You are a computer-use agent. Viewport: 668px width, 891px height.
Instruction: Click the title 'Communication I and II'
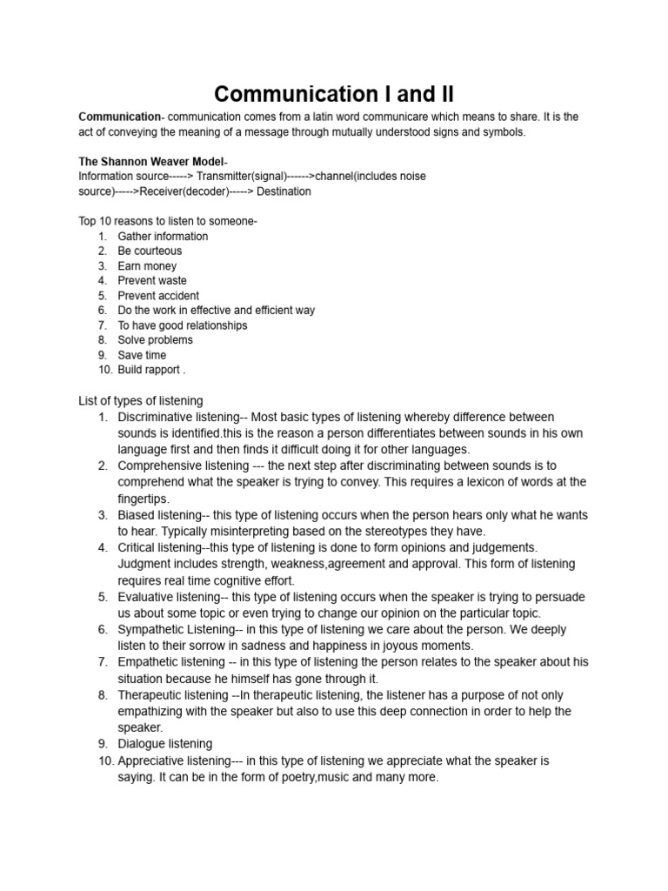[334, 93]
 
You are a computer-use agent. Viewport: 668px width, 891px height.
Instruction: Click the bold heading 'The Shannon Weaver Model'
[150, 162]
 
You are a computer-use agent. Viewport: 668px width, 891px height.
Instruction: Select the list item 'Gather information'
[163, 236]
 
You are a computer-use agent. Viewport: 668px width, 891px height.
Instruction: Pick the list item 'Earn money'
[147, 265]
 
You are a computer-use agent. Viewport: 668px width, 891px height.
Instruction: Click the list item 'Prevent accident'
[158, 295]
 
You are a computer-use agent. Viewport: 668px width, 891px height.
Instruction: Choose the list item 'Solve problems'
[155, 339]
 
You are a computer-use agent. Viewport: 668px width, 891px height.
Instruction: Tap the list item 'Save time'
[142, 355]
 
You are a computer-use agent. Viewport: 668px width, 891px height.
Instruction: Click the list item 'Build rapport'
[150, 370]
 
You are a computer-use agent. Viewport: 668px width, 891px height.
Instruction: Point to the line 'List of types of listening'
[141, 400]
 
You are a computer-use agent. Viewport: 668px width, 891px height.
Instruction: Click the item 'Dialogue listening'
[164, 743]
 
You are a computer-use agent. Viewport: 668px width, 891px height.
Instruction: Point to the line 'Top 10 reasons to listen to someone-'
[168, 221]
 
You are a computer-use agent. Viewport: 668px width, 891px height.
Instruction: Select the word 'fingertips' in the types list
[143, 499]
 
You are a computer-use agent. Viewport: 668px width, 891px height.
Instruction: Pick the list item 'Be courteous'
[150, 251]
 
